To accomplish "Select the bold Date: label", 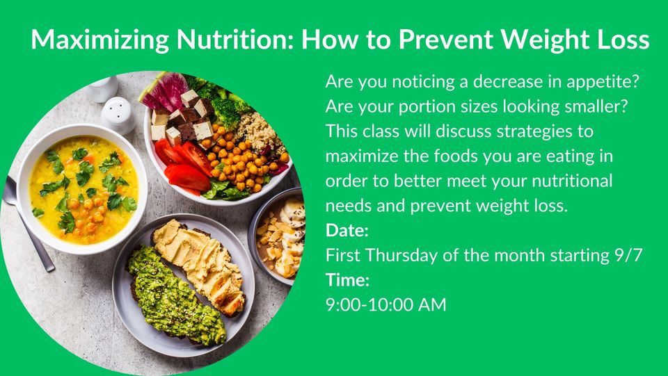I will [347, 230].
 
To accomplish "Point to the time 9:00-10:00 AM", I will [385, 304].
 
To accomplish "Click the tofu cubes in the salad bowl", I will [184, 115].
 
